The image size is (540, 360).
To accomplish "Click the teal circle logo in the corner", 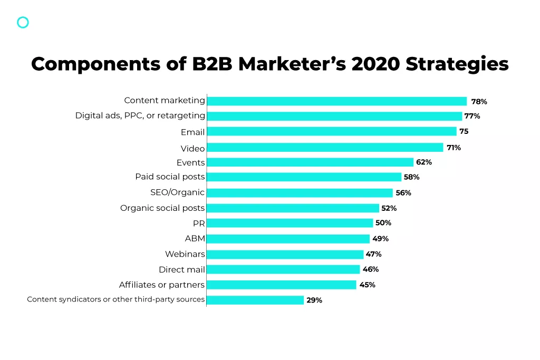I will (23, 22).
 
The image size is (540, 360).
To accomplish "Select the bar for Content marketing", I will (337, 101).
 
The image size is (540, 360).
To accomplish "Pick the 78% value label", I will (479, 102).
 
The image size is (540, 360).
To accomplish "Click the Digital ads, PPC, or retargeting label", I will (140, 115).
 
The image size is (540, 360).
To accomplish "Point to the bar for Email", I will (332, 131).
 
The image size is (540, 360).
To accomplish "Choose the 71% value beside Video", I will (454, 148).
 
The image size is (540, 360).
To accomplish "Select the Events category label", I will (190, 162).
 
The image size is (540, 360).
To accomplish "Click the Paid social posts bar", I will (304, 177).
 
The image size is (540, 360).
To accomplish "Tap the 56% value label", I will (403, 193).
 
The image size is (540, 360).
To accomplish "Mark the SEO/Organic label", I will (177, 192).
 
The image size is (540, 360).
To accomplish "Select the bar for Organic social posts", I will (293, 208).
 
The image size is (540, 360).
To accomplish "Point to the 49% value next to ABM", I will (380, 239).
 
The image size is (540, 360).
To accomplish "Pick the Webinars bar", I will (285, 254).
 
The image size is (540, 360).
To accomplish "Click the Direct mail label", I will (181, 269).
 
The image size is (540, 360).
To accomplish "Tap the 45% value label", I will (367, 285).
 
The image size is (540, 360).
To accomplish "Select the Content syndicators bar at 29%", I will (255, 300).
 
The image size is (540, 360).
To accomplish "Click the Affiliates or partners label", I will (161, 285).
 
